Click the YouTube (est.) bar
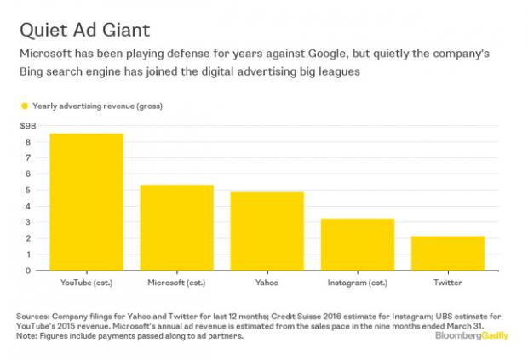[x=86, y=203]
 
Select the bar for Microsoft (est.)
[x=176, y=228]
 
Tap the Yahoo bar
[x=267, y=231]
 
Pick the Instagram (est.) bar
[x=358, y=245]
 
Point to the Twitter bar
[x=447, y=254]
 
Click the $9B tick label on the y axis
[x=26, y=126]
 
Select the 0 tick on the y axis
[x=28, y=271]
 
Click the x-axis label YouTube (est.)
[x=86, y=281]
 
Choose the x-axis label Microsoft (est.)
[x=176, y=281]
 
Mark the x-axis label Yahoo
[x=267, y=281]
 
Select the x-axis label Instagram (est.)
[x=358, y=281]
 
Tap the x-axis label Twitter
[x=447, y=281]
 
